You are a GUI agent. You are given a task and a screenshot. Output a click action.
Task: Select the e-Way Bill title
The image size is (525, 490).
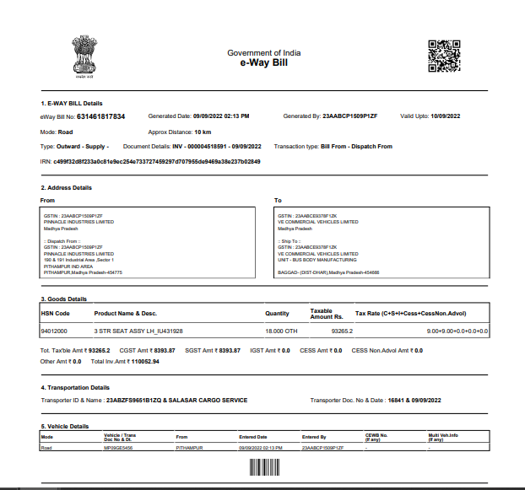tap(264, 63)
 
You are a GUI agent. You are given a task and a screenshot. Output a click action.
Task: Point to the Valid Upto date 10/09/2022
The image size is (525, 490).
tap(448, 116)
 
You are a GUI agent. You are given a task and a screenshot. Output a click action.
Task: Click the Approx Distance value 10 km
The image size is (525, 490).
tap(203, 132)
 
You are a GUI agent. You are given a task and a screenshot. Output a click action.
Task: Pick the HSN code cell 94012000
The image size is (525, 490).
tap(55, 331)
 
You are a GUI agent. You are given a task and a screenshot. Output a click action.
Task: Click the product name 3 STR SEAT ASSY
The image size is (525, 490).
tap(138, 331)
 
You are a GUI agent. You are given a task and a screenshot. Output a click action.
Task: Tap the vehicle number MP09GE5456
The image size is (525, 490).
tap(117, 449)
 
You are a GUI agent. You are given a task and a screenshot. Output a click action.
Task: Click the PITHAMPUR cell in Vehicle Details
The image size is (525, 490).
tap(188, 449)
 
